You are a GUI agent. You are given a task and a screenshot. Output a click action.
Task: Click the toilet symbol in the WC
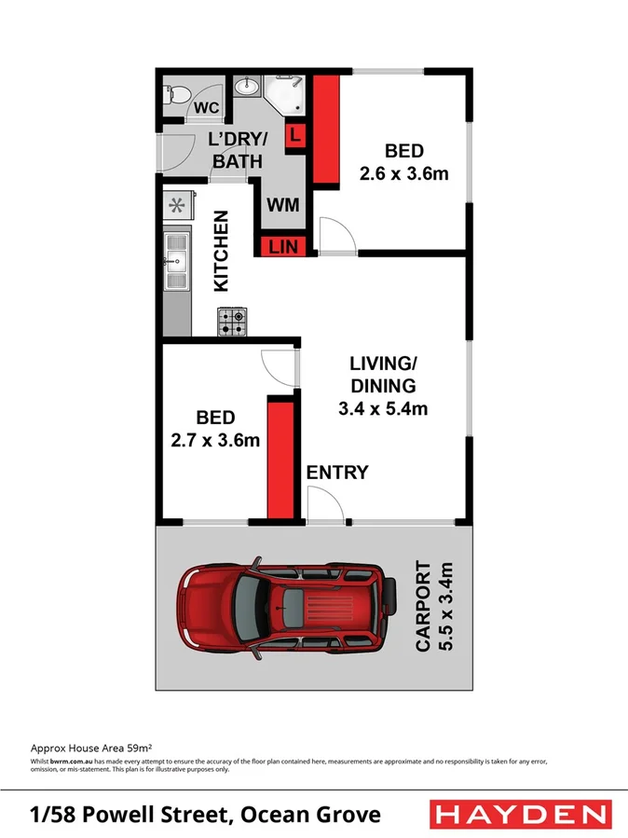click(174, 93)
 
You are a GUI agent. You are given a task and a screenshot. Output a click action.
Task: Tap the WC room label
click(207, 108)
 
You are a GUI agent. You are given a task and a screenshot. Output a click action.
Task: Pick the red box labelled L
click(295, 135)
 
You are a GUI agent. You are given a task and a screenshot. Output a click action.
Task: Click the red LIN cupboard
click(282, 247)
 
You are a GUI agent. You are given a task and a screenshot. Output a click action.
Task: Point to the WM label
click(283, 204)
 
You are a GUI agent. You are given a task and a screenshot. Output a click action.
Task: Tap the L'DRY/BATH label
click(239, 150)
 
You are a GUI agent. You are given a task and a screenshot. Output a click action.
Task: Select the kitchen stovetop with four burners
click(232, 323)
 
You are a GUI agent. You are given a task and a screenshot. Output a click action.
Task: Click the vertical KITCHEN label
click(223, 252)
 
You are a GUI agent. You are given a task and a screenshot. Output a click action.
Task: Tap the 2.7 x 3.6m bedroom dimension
click(215, 440)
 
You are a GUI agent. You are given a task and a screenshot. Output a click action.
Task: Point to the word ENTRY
click(337, 473)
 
